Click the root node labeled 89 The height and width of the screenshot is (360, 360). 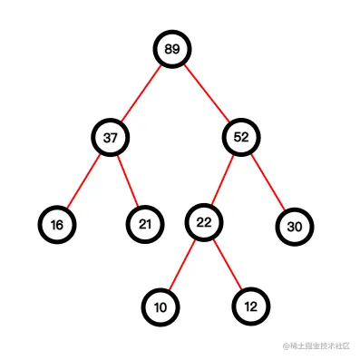coord(172,49)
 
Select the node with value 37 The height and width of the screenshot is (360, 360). coord(111,138)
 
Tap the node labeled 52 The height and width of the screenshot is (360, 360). coord(241,138)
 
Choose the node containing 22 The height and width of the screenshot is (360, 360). coord(203,222)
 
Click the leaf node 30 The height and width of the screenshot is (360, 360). coord(294,227)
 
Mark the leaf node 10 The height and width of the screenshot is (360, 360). coord(161,307)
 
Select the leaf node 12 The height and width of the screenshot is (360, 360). coord(250,306)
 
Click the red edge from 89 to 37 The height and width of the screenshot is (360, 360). coord(141,93)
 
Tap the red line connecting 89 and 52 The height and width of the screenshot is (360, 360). coord(207,93)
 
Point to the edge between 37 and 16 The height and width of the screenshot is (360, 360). coord(84,181)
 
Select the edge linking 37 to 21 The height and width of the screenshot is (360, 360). coord(128,181)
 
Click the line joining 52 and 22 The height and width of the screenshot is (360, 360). coord(222,180)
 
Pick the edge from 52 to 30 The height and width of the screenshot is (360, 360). coord(268,182)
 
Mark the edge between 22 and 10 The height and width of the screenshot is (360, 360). coord(181,265)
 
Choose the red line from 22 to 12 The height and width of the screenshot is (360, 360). coord(227,265)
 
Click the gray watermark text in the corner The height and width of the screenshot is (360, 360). coord(322,346)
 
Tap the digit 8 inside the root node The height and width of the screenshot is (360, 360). coord(168,49)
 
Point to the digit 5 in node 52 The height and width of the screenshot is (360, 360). coord(237,138)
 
